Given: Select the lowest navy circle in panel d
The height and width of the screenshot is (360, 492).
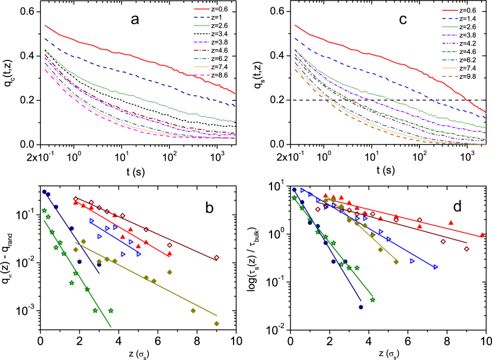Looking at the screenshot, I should (x=361, y=307).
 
